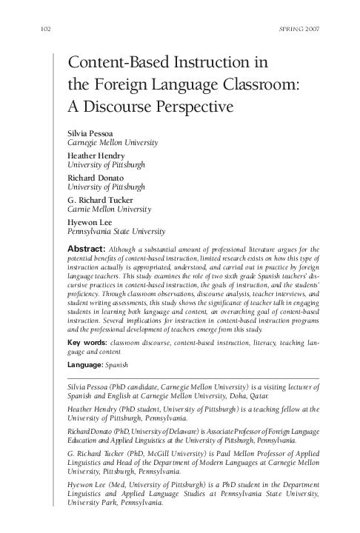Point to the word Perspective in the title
[x=194, y=105]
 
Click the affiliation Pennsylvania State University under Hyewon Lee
[x=116, y=232]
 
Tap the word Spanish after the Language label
[x=120, y=366]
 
